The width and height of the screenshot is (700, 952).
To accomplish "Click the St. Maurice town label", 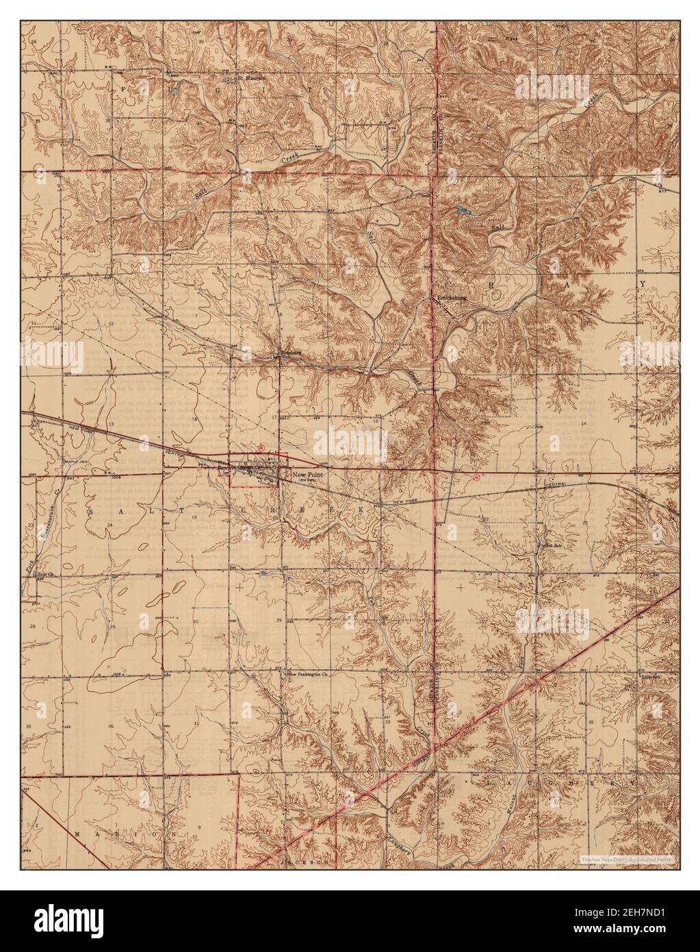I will coord(250,77).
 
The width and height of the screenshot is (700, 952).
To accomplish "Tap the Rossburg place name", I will coord(291,354).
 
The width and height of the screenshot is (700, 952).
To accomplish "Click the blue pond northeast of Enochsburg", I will coord(465,211).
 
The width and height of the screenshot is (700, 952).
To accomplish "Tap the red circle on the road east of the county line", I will coord(476,476).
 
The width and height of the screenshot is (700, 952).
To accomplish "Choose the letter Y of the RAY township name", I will coord(643,283).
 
